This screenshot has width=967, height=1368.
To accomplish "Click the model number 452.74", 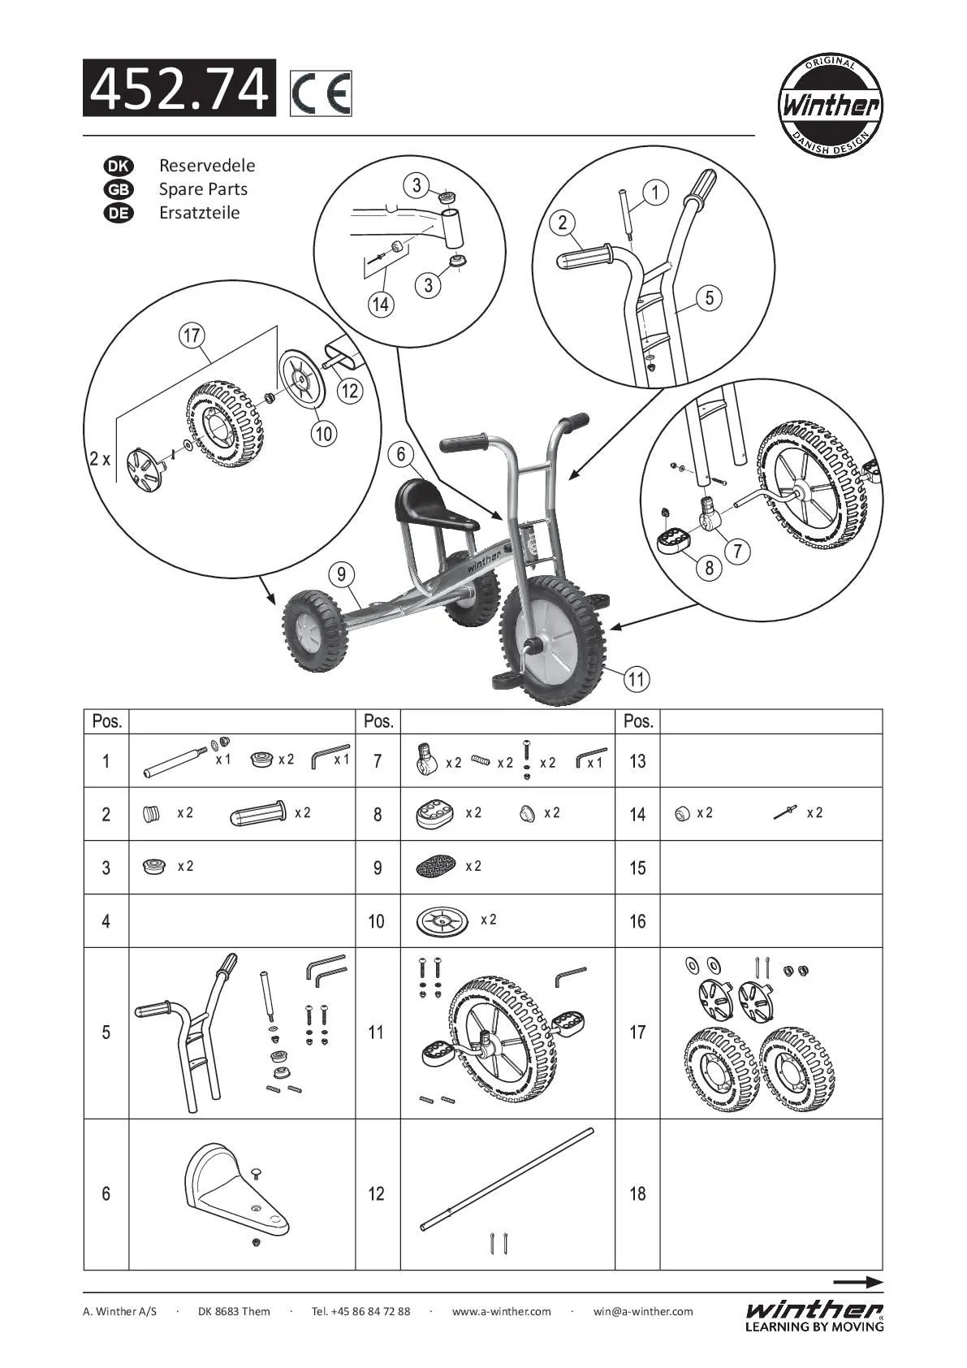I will (179, 89).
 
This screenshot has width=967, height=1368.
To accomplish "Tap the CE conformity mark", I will (321, 94).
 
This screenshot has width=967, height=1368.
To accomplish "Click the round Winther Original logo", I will (830, 104).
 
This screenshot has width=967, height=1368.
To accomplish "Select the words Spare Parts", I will (203, 189).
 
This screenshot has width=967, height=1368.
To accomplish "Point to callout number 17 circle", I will (192, 336).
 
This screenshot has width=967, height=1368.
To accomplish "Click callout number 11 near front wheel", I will (637, 678).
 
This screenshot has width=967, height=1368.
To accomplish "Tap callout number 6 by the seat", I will (401, 454).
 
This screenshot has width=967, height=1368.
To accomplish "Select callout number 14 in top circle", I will (380, 305).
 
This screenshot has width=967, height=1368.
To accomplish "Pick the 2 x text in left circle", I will (100, 459).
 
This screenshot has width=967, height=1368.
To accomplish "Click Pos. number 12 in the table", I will (376, 1194).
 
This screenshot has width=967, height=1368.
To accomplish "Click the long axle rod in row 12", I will (507, 1179).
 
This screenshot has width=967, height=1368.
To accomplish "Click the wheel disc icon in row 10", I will (442, 921).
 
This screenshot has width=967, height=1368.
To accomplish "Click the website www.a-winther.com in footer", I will (501, 1311).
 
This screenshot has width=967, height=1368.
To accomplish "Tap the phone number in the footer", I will (360, 1311).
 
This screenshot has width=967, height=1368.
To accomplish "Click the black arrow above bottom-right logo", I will (857, 1283).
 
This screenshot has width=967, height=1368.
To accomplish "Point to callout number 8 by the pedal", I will (709, 567).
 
